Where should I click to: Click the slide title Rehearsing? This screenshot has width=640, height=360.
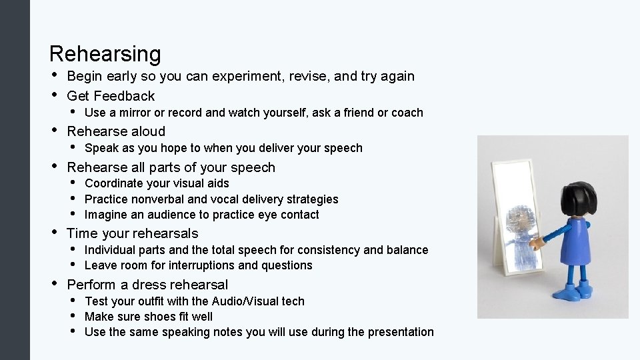[105, 54]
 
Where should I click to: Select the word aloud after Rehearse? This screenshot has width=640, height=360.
[147, 131]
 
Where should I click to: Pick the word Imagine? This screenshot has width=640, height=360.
[106, 215]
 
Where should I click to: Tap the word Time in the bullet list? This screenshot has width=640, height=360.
[82, 233]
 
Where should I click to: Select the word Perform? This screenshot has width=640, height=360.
[91, 285]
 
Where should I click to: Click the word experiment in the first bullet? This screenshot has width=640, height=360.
[249, 76]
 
